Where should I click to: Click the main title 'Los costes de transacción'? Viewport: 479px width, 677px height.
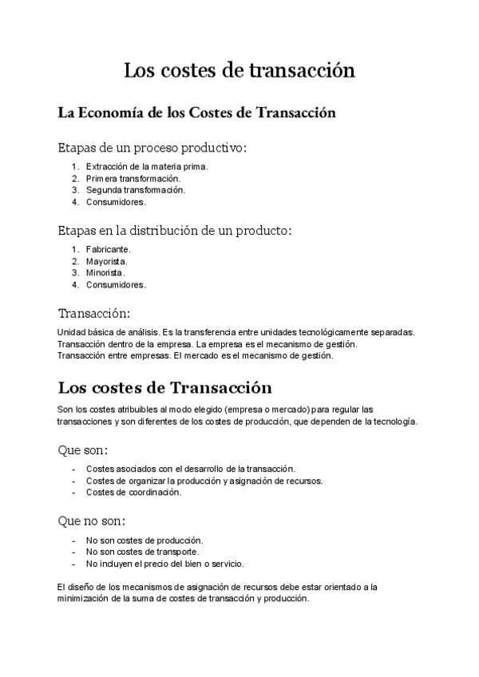(x=239, y=72)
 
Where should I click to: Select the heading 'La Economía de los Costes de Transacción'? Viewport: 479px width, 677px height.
(x=196, y=113)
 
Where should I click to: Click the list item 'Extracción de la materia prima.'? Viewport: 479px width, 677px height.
(x=147, y=166)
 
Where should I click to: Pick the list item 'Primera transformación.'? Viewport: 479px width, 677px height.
(x=133, y=178)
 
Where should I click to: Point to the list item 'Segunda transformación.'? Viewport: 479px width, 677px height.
(x=136, y=190)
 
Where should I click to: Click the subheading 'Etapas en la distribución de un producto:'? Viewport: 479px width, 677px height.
(x=176, y=231)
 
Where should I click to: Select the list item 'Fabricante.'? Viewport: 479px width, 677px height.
(x=109, y=249)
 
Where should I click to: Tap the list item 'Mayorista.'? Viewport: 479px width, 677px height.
(x=107, y=261)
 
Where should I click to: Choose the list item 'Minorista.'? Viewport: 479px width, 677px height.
(x=106, y=272)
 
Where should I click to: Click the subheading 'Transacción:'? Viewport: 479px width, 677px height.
(x=94, y=313)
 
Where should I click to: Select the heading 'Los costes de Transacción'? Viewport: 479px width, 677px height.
(x=165, y=389)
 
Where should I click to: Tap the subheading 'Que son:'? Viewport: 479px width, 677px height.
(x=83, y=450)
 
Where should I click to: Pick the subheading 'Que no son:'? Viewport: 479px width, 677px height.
(x=92, y=521)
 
